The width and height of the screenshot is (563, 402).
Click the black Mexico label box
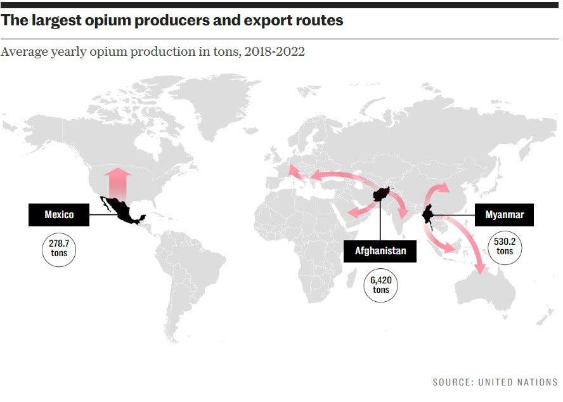59,214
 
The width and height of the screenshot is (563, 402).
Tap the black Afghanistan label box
380,251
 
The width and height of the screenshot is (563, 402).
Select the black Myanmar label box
504,214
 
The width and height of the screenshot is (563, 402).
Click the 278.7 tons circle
59,249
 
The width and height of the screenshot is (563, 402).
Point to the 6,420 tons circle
380,285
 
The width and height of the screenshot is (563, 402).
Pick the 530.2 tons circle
505,246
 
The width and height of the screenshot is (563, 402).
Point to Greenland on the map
216,95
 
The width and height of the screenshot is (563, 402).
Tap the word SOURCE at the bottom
451,382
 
